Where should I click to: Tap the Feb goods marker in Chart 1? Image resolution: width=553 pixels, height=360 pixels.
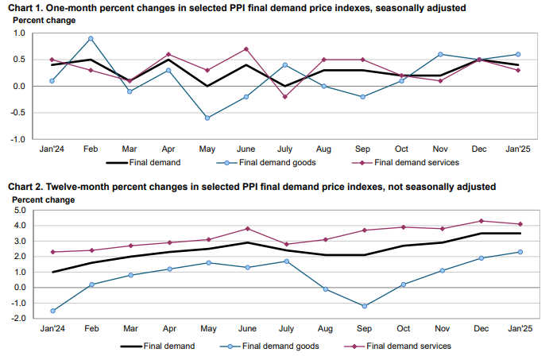(91, 38)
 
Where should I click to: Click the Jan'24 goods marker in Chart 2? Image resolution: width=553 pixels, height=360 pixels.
(52, 311)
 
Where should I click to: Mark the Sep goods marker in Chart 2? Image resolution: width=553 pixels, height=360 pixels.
(364, 306)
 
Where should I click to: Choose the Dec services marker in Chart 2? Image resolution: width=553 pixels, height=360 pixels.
(481, 221)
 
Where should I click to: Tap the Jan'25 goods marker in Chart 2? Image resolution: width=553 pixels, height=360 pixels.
(520, 252)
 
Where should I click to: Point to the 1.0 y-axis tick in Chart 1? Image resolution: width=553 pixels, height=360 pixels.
(20, 33)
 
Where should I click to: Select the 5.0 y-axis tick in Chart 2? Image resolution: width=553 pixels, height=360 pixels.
(20, 211)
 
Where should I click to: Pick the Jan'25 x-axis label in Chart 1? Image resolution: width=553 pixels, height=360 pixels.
(519, 149)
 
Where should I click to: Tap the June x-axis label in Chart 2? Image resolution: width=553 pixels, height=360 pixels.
(247, 327)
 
